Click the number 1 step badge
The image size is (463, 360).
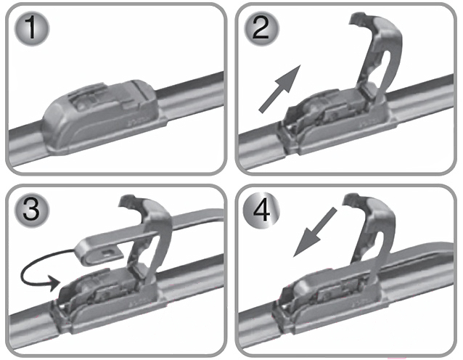click(x=32, y=28)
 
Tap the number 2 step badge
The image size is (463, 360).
click(x=261, y=28)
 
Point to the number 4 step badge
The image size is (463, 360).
click(x=261, y=211)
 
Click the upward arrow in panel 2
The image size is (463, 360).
click(x=279, y=89)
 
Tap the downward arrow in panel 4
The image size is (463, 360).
click(x=314, y=232)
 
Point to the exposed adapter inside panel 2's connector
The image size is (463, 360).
click(x=322, y=110)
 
